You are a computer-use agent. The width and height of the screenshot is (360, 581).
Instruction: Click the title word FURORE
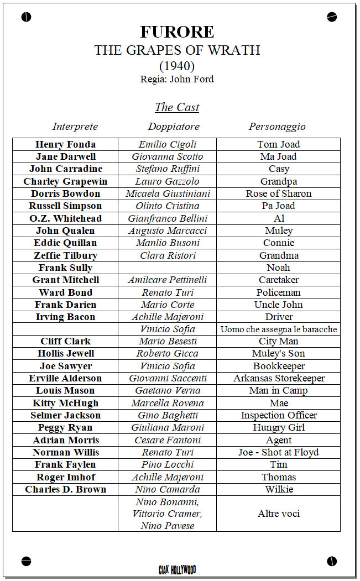point(177,32)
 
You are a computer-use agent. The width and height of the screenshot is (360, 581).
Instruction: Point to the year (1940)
point(177,66)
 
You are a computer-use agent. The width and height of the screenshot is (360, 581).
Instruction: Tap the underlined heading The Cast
point(177,107)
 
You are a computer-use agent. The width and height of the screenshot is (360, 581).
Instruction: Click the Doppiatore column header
point(174,127)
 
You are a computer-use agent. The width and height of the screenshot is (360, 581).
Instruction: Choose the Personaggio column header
point(277,127)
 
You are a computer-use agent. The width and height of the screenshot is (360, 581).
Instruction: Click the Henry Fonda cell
point(65,144)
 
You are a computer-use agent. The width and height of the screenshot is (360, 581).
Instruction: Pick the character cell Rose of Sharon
point(279,193)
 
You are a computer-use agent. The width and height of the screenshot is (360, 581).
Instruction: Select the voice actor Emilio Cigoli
point(168,144)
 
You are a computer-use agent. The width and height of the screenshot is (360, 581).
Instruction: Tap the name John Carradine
point(65,169)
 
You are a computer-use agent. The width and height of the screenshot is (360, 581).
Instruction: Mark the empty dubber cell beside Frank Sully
point(167,268)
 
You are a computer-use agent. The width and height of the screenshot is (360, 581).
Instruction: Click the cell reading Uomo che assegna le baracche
point(279,329)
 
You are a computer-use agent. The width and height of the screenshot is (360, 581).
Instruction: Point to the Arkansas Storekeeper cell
point(279,378)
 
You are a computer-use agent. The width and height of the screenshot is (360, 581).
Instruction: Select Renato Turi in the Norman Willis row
point(168,452)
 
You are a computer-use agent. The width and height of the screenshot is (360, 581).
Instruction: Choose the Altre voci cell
point(279,514)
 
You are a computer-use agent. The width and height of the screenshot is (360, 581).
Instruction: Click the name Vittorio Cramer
point(168,514)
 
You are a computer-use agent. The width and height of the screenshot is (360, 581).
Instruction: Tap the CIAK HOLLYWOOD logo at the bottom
point(177,569)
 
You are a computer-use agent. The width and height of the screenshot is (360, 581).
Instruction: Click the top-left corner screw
point(26,17)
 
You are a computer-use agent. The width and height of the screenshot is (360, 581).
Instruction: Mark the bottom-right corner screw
point(332,562)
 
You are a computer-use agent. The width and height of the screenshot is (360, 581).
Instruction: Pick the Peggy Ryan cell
point(65,427)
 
